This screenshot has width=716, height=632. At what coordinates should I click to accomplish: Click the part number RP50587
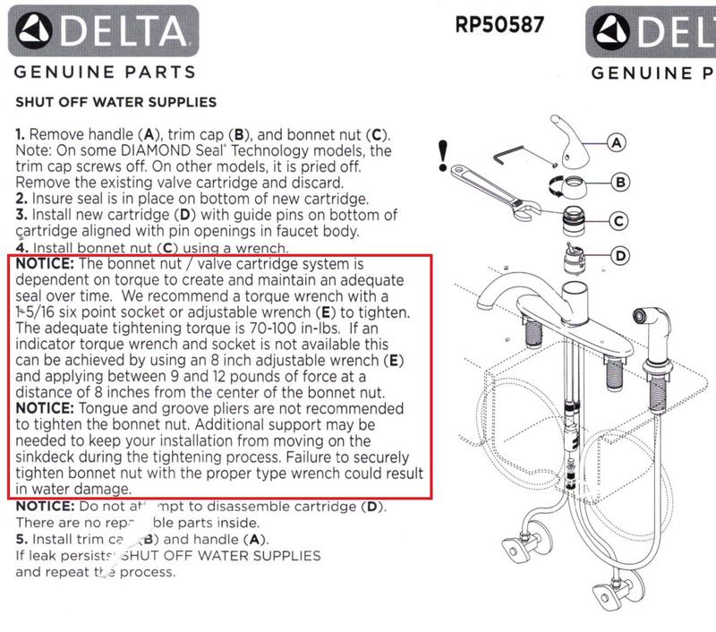pyautogui.click(x=499, y=24)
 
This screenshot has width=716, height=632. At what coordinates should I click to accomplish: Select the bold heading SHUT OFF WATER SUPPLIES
pyautogui.click(x=115, y=102)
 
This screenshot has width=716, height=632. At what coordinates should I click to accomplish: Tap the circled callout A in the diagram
pyautogui.click(x=618, y=141)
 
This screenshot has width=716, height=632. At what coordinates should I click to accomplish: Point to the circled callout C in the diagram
pyautogui.click(x=618, y=220)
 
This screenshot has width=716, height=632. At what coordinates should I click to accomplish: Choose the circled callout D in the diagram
pyautogui.click(x=618, y=256)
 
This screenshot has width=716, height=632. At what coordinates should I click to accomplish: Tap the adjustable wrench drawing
pyautogui.click(x=492, y=187)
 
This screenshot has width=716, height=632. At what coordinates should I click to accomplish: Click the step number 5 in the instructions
pyautogui.click(x=20, y=540)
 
